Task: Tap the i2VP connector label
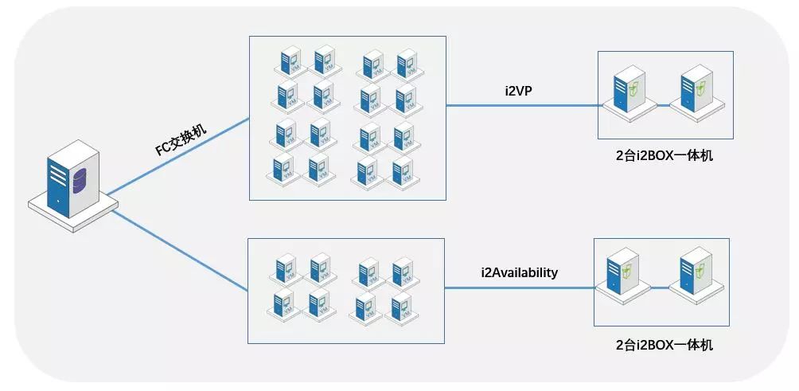click(518, 91)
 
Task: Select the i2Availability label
click(519, 272)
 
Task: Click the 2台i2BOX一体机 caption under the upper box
click(664, 155)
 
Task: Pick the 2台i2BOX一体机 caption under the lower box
click(664, 345)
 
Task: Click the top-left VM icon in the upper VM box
click(288, 61)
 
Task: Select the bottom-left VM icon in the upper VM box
click(283, 169)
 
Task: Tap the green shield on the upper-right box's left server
click(633, 88)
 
